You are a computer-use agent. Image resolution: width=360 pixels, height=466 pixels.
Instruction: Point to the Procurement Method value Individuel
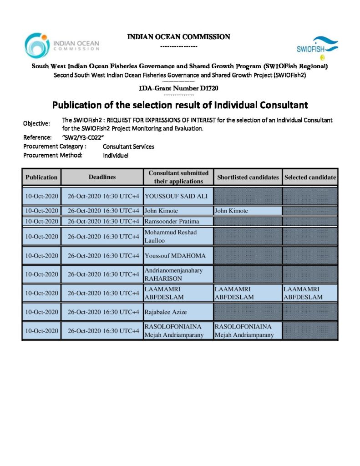(x=116, y=155)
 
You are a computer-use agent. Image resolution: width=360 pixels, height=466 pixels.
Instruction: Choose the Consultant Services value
(x=128, y=147)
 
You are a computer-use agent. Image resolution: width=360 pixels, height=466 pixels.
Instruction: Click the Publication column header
(x=41, y=177)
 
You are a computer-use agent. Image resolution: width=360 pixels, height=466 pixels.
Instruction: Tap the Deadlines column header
(x=102, y=177)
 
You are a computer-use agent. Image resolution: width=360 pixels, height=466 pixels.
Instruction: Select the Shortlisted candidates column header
(x=248, y=177)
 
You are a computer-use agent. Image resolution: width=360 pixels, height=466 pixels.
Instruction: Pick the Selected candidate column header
(x=310, y=177)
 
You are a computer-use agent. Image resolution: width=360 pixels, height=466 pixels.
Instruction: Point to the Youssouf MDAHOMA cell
(x=175, y=256)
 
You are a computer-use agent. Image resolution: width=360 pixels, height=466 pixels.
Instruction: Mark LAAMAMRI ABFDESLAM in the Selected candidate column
(x=303, y=293)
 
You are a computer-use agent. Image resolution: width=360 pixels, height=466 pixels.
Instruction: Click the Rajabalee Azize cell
(x=166, y=312)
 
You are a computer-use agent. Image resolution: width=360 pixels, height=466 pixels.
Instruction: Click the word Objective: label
(x=36, y=124)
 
